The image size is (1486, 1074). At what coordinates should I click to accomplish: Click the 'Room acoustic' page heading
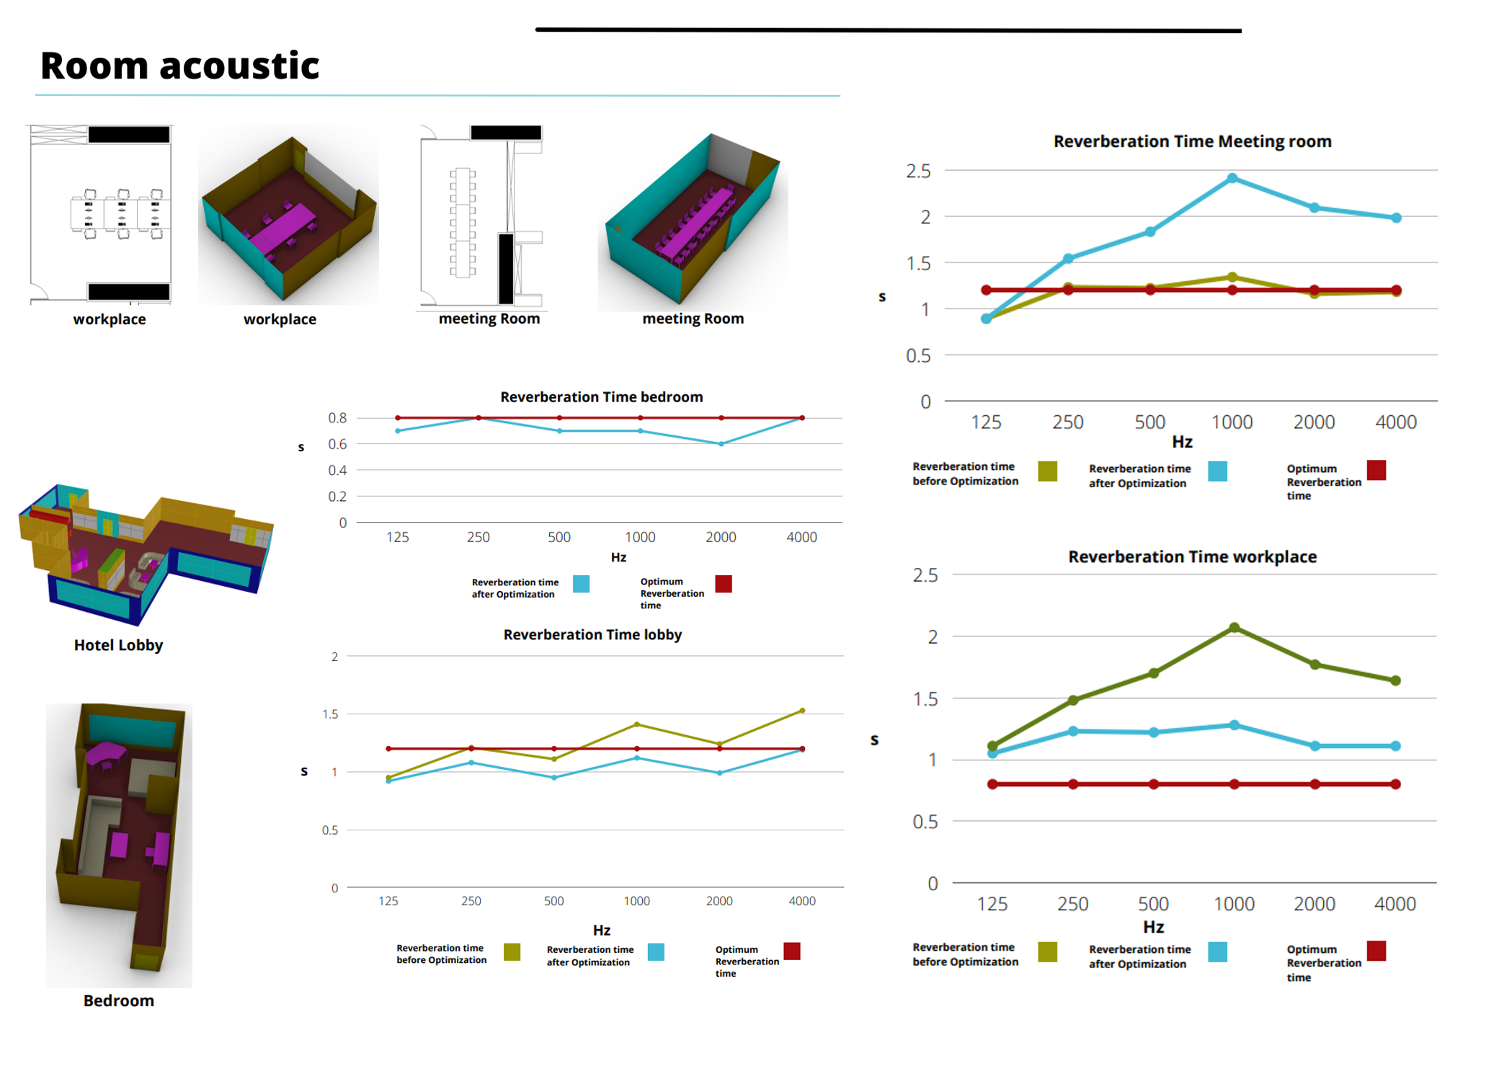(x=179, y=66)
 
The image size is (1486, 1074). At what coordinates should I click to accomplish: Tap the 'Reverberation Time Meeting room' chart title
(x=1192, y=141)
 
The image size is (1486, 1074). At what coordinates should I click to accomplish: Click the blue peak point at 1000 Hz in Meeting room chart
(x=1232, y=178)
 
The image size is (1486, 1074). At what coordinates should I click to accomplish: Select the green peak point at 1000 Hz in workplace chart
(x=1234, y=628)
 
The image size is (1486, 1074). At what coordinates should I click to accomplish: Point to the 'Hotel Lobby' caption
(x=118, y=645)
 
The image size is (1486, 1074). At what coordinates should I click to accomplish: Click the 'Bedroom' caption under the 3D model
(x=118, y=1000)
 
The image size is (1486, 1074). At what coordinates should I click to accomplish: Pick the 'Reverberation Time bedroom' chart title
(x=601, y=397)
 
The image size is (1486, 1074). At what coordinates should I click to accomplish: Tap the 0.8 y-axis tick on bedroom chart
(x=337, y=418)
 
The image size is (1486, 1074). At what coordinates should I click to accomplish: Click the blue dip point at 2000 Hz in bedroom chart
(x=721, y=444)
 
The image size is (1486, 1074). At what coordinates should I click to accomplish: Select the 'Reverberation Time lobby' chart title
(x=592, y=635)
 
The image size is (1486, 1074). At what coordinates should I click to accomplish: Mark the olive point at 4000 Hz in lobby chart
(x=802, y=711)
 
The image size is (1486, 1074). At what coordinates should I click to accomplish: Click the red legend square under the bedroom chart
(x=724, y=584)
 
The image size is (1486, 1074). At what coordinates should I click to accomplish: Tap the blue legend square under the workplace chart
(x=1218, y=952)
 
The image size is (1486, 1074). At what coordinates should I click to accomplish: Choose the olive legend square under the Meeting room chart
(x=1048, y=471)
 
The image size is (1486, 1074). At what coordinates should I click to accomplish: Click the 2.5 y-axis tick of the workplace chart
(x=925, y=575)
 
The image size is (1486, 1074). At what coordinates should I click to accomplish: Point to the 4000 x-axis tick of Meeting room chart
(x=1396, y=422)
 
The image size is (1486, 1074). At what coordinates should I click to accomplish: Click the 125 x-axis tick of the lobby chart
(x=388, y=901)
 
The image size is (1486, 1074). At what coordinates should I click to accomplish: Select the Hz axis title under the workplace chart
(x=1153, y=927)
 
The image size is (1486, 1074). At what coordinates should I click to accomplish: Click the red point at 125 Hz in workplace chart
(x=993, y=784)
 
